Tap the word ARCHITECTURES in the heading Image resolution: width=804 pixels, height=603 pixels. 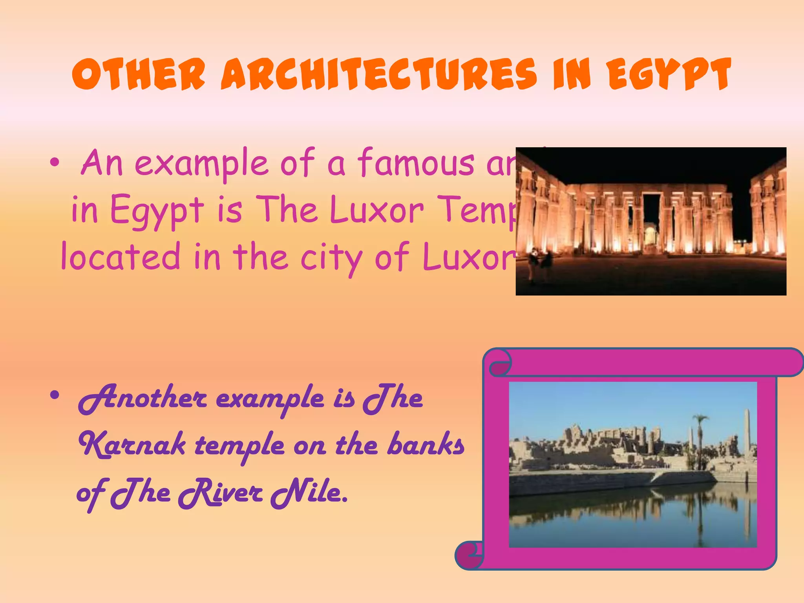[x=378, y=74]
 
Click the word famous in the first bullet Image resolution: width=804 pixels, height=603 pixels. [x=416, y=163]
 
